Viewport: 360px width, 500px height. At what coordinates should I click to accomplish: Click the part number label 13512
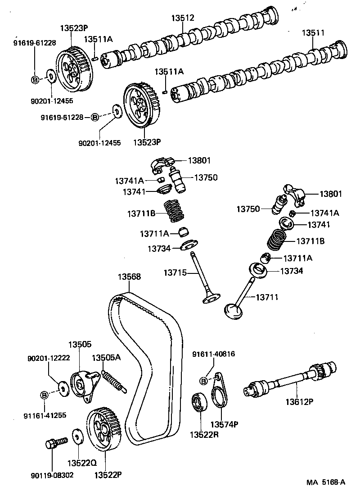(183, 18)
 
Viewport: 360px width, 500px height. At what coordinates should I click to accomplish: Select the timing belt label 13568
(130, 277)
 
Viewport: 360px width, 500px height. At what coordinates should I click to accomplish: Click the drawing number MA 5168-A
(326, 482)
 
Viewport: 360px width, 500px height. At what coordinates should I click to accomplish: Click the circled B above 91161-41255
(45, 395)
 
